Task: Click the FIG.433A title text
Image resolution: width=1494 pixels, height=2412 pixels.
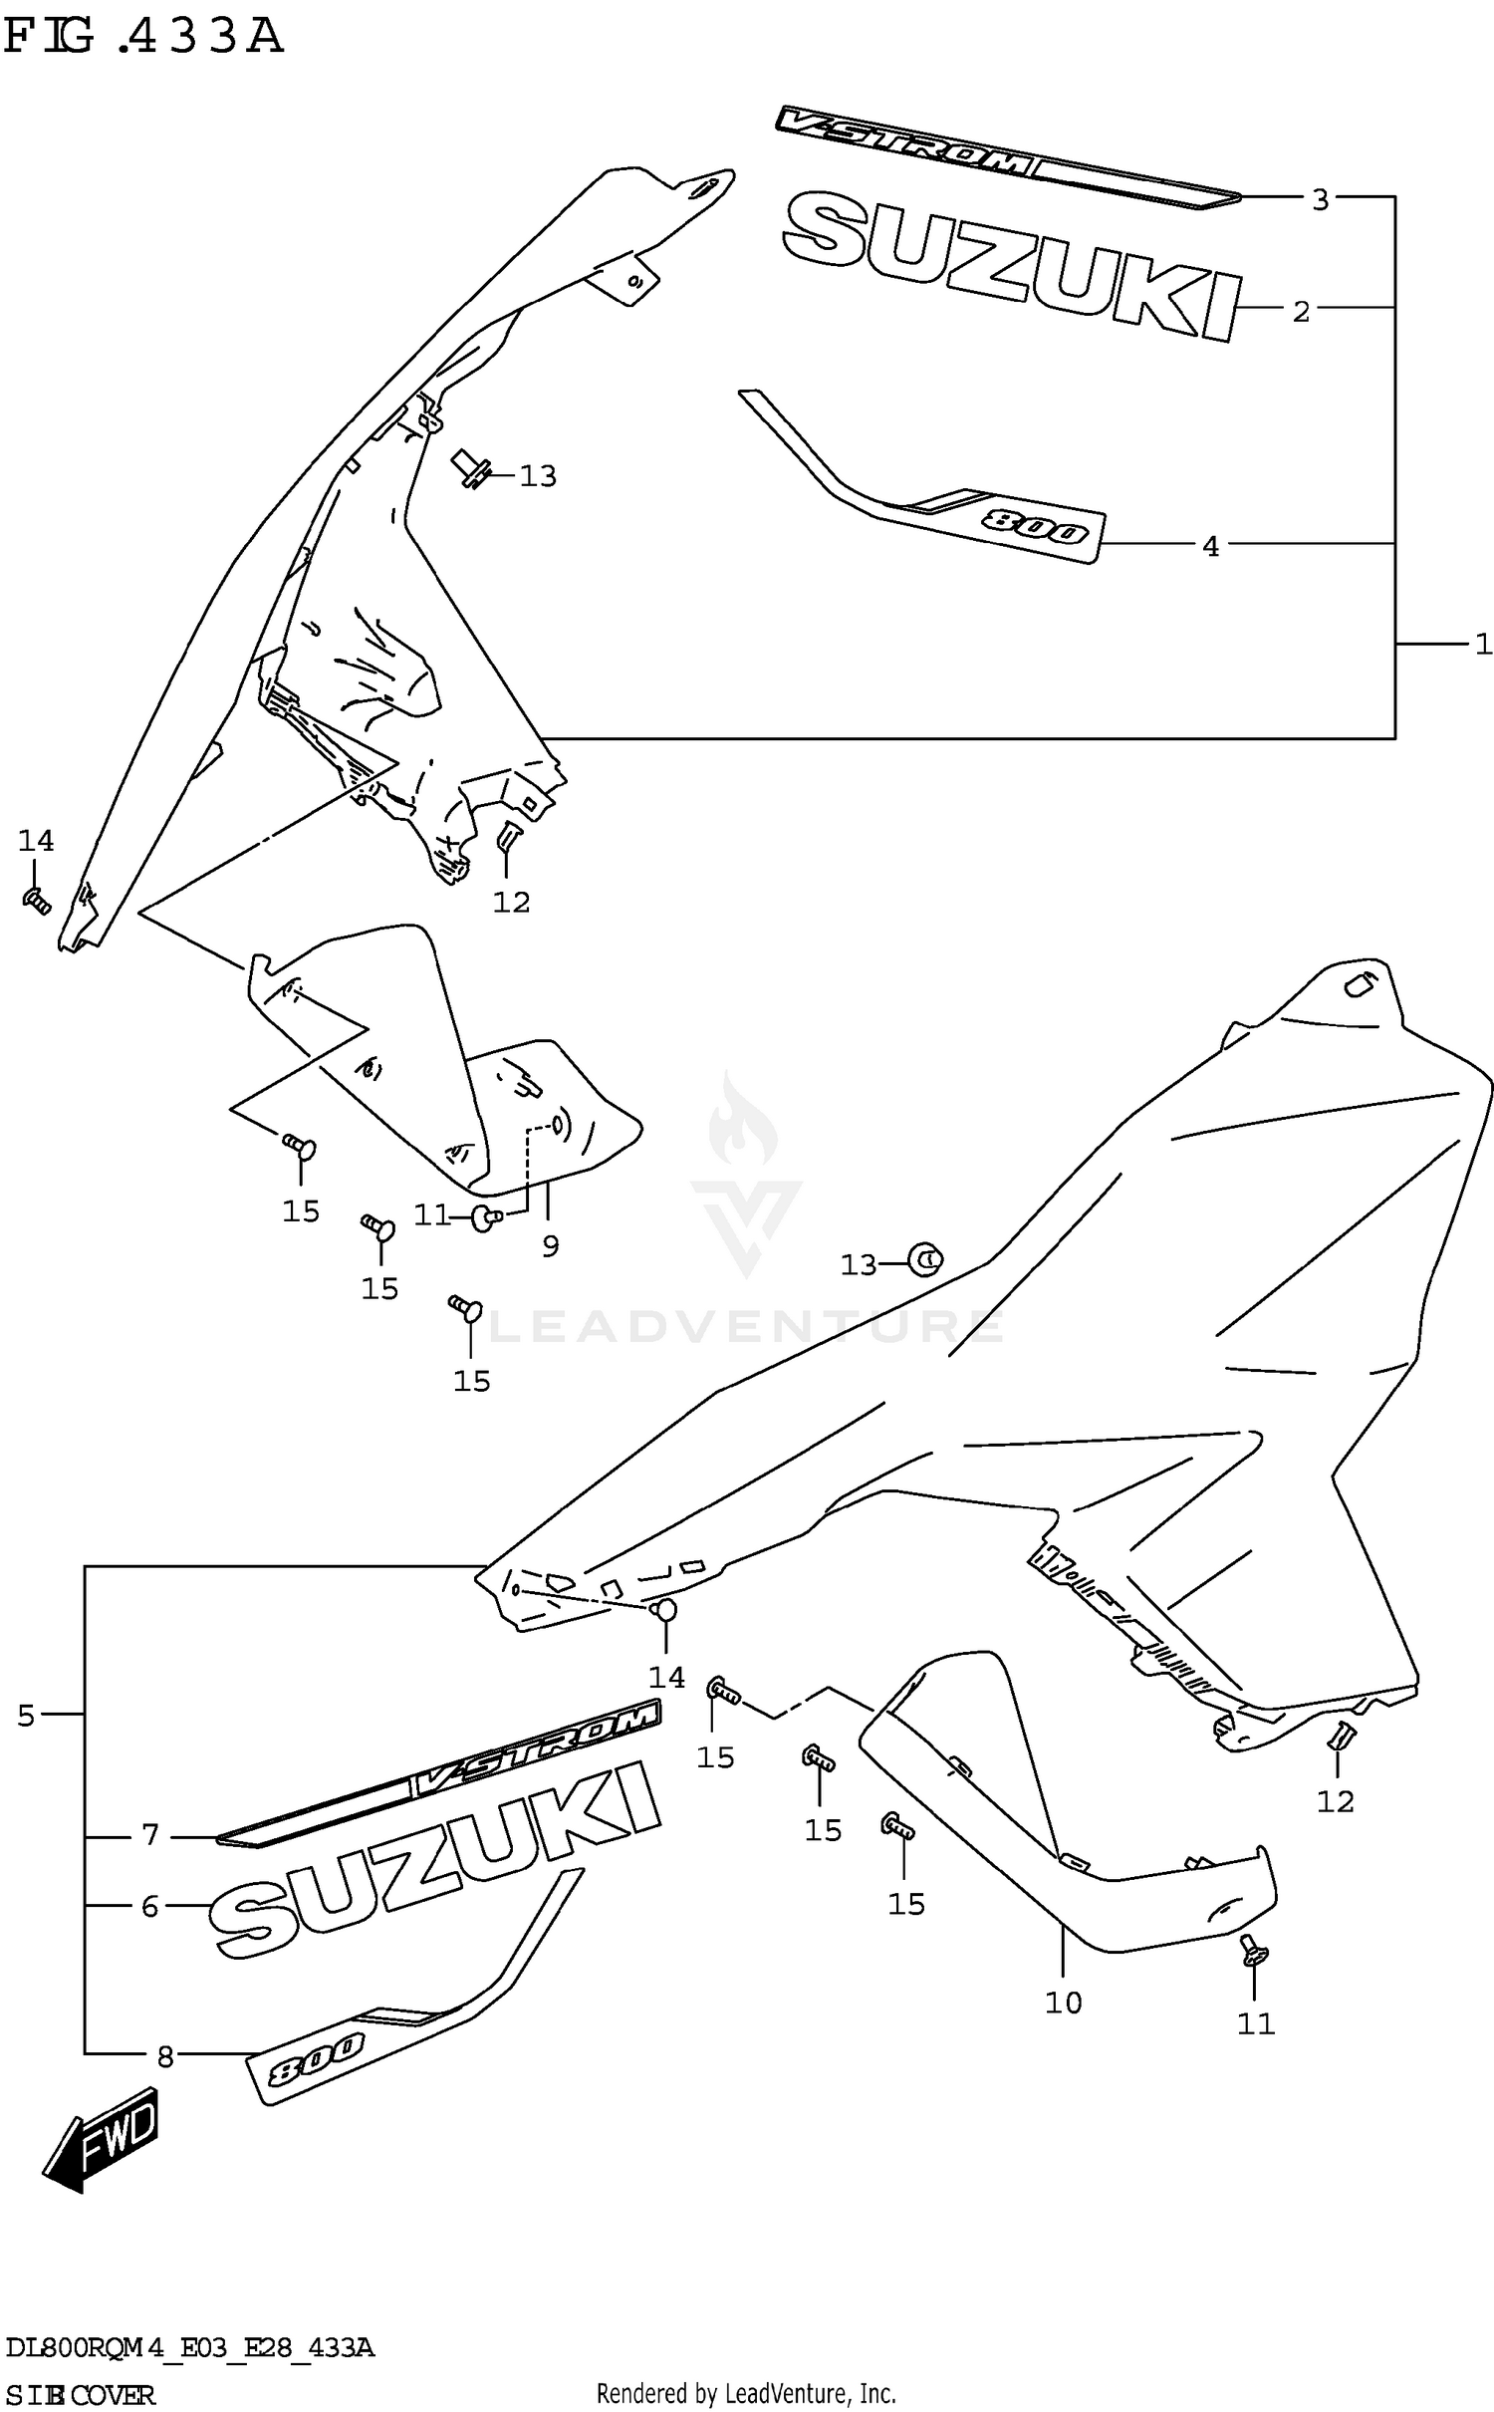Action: [144, 38]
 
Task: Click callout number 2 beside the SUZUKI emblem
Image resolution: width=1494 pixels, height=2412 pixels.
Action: [1301, 312]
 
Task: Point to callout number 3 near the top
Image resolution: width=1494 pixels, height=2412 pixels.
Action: [1320, 200]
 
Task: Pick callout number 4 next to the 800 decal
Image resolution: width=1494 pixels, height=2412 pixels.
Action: [1210, 546]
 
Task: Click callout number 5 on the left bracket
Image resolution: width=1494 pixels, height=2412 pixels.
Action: [26, 1716]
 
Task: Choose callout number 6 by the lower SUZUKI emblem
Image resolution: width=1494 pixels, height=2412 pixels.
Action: [149, 1907]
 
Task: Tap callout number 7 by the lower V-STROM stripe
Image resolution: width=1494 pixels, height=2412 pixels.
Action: [150, 1834]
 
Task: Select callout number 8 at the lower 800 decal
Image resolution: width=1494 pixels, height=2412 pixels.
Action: [165, 2057]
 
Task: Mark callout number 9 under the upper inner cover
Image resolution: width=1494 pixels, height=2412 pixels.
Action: [551, 1245]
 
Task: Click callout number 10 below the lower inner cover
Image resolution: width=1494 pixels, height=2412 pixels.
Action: [1063, 2003]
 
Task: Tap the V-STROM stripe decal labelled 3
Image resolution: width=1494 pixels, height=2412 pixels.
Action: [1006, 159]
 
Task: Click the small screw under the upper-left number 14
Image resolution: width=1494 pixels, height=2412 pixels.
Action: [37, 902]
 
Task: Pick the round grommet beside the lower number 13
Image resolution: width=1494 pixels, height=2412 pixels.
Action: [926, 1260]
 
